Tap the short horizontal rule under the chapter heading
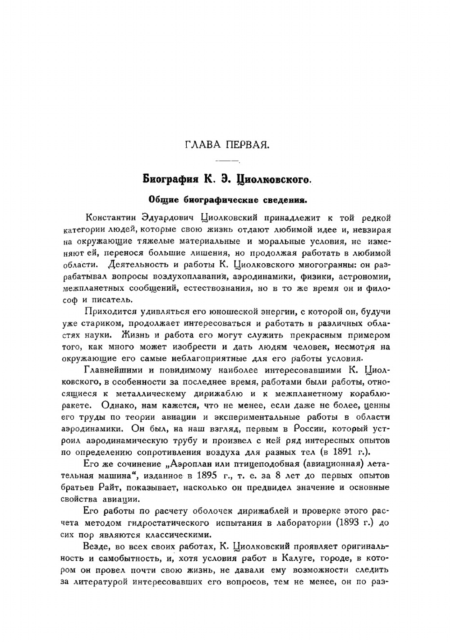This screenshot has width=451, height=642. pyautogui.click(x=227, y=161)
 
